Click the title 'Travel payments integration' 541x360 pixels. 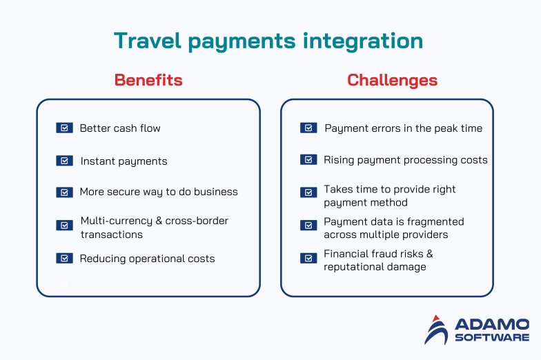pos(268,41)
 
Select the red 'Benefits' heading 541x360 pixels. pos(148,80)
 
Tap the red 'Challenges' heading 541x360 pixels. pos(392,80)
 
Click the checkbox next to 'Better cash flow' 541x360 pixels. pos(64,128)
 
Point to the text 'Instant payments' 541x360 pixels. pos(124,161)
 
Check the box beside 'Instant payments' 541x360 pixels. pos(64,161)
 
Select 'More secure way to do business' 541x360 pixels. pos(158,192)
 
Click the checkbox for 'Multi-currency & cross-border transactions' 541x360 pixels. pos(64,225)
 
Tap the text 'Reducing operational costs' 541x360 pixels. pos(147,259)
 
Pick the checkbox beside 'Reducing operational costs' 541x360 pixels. pos(64,258)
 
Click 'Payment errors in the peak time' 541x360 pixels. pos(403,128)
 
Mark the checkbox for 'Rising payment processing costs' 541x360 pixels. pos(308,159)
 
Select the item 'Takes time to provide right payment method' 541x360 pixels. pos(389,196)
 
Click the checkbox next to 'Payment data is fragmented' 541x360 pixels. pos(308,225)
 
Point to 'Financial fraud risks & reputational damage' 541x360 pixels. pos(378,260)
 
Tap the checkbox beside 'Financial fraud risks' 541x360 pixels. pos(308,258)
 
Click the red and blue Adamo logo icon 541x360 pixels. pos(436,330)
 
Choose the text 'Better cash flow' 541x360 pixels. pos(120,128)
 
